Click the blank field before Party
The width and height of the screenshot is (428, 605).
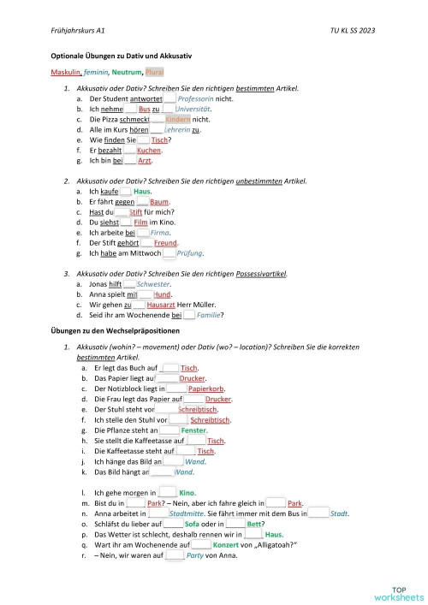click(x=175, y=556)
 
